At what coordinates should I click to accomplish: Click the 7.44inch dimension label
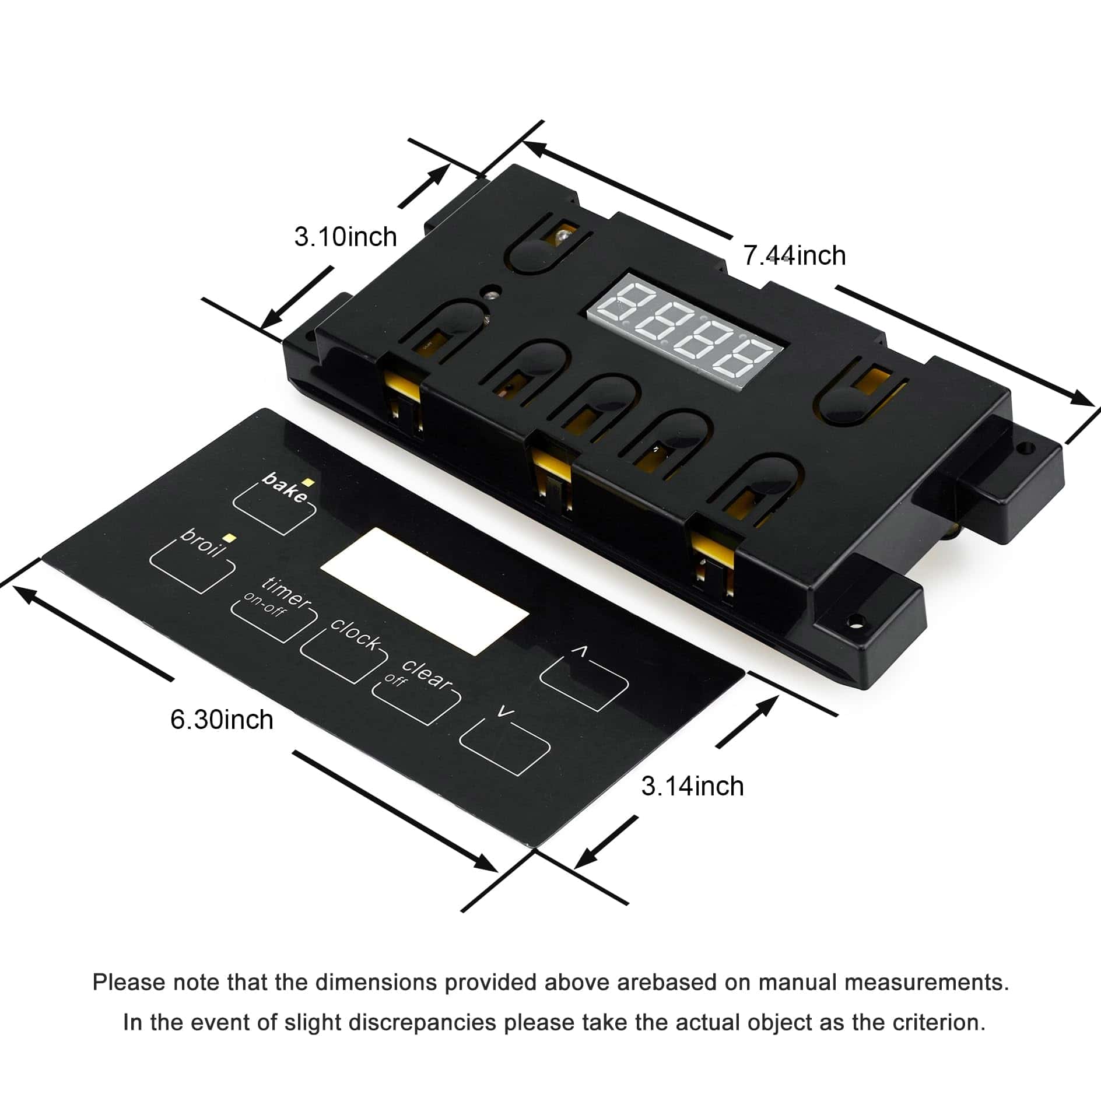(794, 255)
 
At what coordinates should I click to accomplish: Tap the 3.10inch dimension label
(345, 237)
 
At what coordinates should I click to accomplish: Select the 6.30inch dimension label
(222, 719)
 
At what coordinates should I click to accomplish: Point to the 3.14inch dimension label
(693, 786)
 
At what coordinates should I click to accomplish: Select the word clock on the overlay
(355, 633)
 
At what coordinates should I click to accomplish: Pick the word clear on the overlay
(427, 675)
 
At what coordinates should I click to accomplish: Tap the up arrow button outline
(584, 678)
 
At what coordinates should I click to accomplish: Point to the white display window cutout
(425, 591)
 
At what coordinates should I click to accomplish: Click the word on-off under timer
(265, 606)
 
